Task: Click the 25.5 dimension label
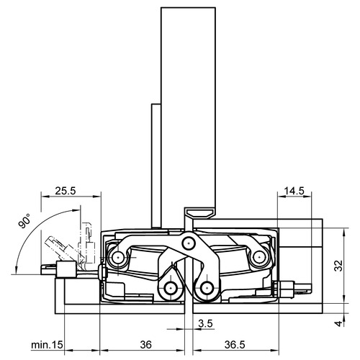[66, 191]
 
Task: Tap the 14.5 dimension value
[294, 192]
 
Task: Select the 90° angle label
[24, 221]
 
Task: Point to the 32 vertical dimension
[338, 266]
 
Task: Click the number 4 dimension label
[338, 323]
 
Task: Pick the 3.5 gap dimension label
[205, 323]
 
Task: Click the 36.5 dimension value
[235, 345]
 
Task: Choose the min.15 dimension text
[47, 345]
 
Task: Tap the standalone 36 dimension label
[145, 345]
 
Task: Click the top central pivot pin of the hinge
[189, 243]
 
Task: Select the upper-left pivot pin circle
[118, 258]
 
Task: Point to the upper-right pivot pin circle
[258, 258]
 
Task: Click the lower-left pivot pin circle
[171, 287]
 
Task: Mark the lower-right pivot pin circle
[207, 287]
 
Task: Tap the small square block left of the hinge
[66, 269]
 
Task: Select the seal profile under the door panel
[199, 212]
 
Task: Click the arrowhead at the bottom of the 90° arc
[17, 270]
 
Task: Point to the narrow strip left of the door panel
[156, 166]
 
